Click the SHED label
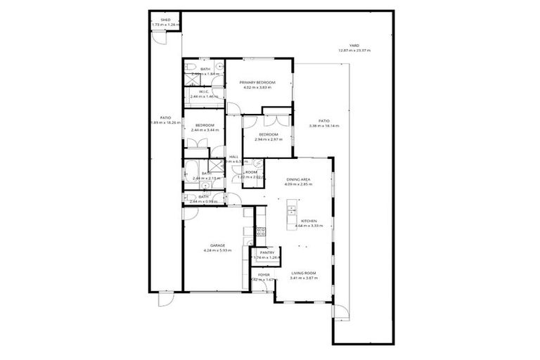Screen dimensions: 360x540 tap(166, 20)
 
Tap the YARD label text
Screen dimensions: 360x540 tap(354, 46)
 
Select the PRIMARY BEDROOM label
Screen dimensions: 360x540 tap(257, 82)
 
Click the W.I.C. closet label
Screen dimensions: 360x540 tap(204, 91)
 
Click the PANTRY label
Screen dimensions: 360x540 tap(266, 252)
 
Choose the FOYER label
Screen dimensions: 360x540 tap(264, 275)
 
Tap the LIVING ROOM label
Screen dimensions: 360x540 tap(304, 273)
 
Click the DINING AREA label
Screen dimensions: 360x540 tap(298, 180)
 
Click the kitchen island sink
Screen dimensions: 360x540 tap(290, 211)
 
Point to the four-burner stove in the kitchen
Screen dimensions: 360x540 tap(259, 230)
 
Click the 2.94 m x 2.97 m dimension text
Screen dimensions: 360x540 tap(268, 139)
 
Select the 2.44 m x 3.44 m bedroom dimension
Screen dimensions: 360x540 tap(205, 130)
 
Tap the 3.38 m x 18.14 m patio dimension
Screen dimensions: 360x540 tap(323, 126)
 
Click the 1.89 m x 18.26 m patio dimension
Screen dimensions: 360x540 tap(166, 123)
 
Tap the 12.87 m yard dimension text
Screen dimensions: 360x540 tap(354, 51)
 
